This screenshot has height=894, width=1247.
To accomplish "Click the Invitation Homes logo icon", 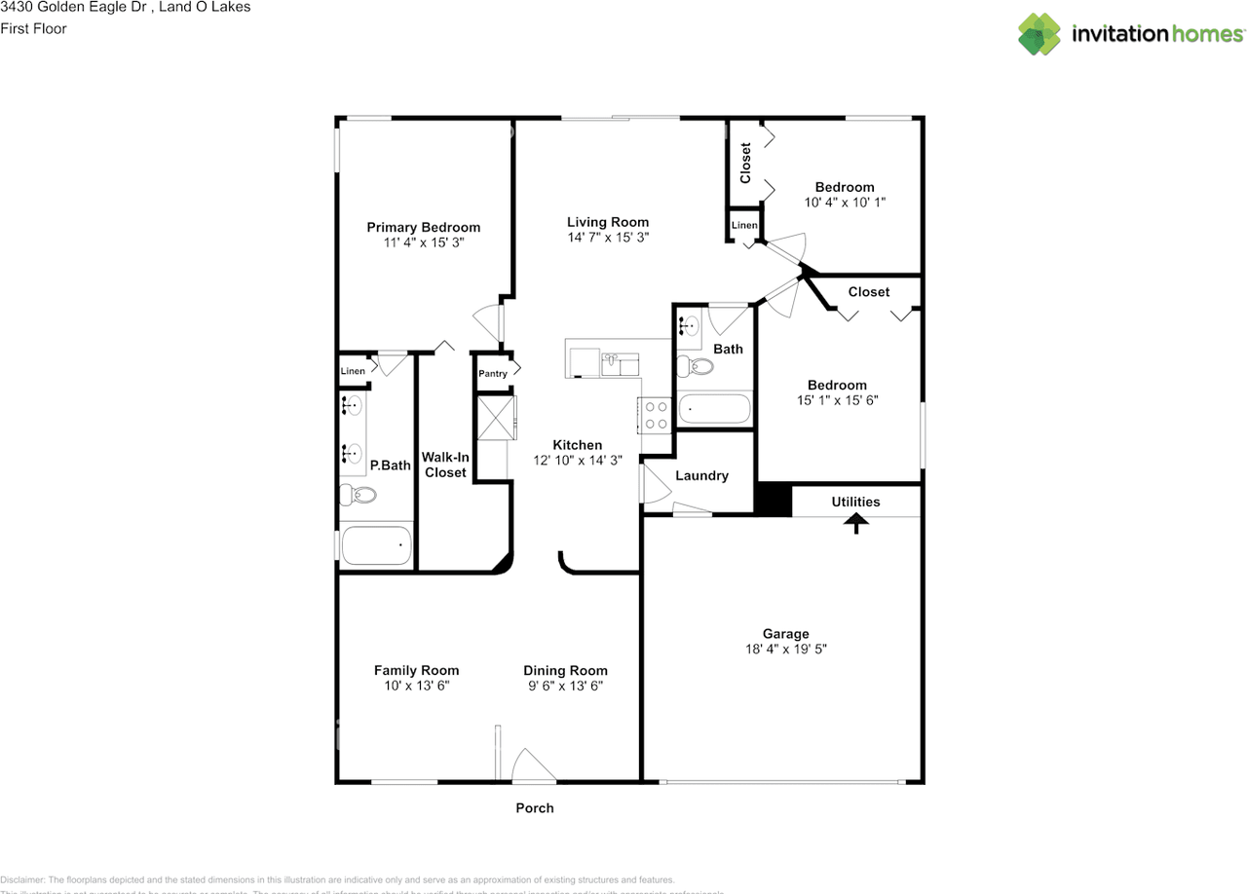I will [x=1039, y=34].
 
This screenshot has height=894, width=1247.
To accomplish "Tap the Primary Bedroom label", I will [x=423, y=228].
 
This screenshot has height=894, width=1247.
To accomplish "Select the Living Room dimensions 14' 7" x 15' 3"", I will [x=608, y=238].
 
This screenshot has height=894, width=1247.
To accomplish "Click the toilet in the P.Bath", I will [x=359, y=495].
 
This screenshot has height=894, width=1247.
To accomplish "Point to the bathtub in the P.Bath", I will [x=375, y=546].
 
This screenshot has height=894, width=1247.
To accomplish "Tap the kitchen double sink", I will [x=620, y=364].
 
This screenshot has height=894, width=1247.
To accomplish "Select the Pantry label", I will [x=492, y=374].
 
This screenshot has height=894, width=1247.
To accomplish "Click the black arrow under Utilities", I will [x=855, y=524].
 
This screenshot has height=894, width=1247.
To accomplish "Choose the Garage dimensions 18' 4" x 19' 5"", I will [x=785, y=649].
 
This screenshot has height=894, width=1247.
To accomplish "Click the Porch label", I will [x=534, y=808].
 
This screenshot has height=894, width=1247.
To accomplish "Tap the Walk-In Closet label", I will [x=445, y=465].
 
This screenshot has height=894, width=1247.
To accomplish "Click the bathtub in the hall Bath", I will [x=714, y=409].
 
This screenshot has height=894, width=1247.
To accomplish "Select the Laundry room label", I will [x=701, y=476].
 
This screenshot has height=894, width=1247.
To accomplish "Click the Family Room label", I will [x=416, y=671].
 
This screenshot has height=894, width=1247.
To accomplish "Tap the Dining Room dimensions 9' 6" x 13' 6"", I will [x=565, y=686].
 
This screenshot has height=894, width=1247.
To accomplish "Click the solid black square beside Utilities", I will [x=774, y=500].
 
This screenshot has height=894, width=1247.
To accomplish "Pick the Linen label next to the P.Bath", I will [x=353, y=371].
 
